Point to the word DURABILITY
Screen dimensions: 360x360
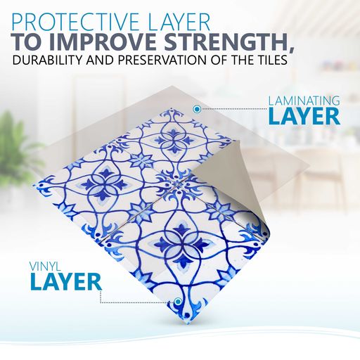tap(48, 60)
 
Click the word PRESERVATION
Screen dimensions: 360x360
tap(162, 60)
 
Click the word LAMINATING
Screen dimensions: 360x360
tap(304, 101)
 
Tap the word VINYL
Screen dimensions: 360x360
tap(45, 266)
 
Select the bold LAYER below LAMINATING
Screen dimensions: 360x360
tap(304, 117)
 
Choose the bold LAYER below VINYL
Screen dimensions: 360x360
tap(66, 282)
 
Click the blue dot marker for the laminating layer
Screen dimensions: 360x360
tap(197, 109)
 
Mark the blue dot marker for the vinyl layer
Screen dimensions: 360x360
tap(178, 301)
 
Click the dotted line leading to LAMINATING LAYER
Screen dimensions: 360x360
tap(234, 109)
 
